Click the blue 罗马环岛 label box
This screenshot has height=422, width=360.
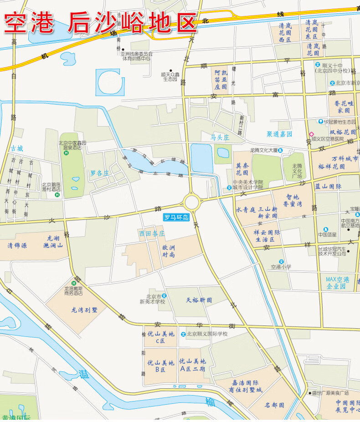[x=176, y=218]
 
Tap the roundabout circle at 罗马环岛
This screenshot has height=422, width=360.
[x=191, y=202]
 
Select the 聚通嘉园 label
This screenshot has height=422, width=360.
[x=279, y=134]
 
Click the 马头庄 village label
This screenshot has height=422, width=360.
[x=219, y=137]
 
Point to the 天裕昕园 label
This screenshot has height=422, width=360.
[x=199, y=300]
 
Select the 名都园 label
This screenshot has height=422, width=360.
[x=275, y=404]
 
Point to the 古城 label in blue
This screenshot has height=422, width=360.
[x=17, y=148]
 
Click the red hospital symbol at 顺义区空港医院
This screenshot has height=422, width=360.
[x=312, y=134]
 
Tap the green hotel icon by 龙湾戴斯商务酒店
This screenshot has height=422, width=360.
[x=72, y=282]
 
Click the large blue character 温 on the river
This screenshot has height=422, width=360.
[x=84, y=374]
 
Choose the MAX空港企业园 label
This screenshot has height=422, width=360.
[x=337, y=283]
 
